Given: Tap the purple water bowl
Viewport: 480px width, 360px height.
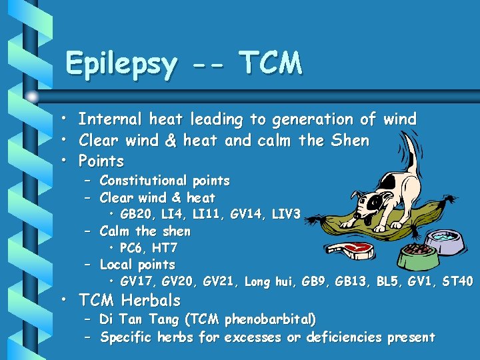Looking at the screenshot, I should pyautogui.click(x=445, y=241).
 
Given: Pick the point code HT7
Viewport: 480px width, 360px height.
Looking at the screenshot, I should pyautogui.click(x=163, y=248).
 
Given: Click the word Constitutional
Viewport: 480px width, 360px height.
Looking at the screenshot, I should pyautogui.click(x=143, y=181).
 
